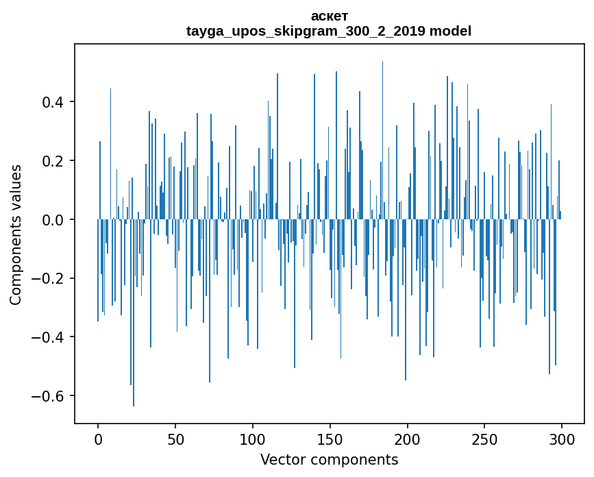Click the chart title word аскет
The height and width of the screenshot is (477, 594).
pyautogui.click(x=329, y=16)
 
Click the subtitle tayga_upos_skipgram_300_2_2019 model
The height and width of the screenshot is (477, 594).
pyautogui.click(x=329, y=31)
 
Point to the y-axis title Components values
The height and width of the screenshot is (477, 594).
pyautogui.click(x=16, y=234)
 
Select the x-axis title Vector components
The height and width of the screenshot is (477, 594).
pyautogui.click(x=329, y=459)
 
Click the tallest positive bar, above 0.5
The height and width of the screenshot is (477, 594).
pyautogui.click(x=382, y=137)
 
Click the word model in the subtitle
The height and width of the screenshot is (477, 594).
pyautogui.click(x=450, y=31)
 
